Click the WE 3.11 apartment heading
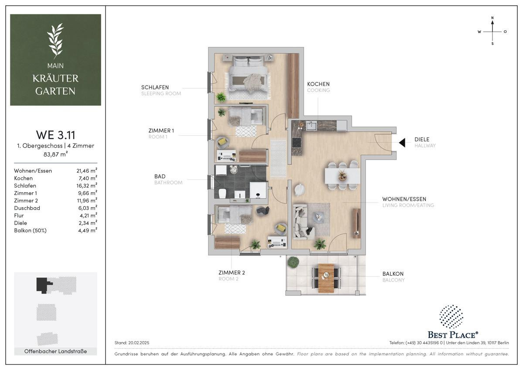point(56,135)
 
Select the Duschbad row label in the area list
point(27,208)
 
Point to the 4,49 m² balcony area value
point(88,230)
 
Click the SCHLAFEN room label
point(155,87)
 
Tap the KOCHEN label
point(318,84)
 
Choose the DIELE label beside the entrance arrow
point(422,139)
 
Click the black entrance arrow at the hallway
point(402,143)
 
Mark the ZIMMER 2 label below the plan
point(231,273)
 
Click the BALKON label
point(393,274)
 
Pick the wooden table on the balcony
point(326,278)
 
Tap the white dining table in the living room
point(343,176)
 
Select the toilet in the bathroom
point(222,193)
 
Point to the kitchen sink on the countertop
point(311,126)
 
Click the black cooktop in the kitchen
point(296,143)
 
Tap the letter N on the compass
point(492,18)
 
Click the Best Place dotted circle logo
point(452,316)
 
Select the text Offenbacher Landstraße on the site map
point(56,351)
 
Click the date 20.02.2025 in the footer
point(139,343)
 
